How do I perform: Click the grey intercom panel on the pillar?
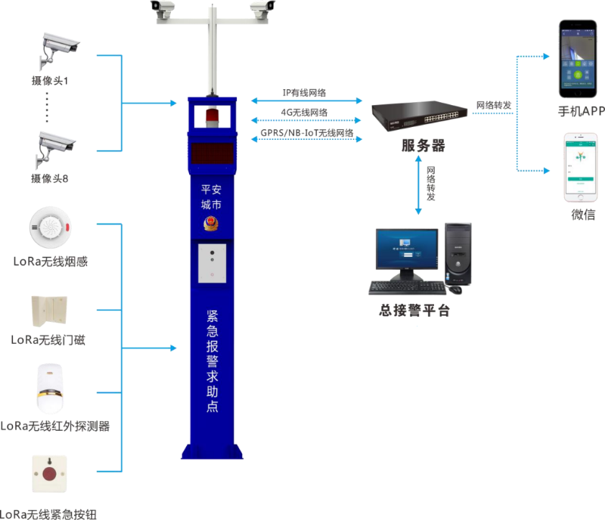click(213, 263)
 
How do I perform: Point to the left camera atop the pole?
click(163, 8)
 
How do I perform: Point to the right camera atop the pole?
click(260, 8)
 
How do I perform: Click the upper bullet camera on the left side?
click(57, 47)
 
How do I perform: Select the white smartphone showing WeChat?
click(578, 168)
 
